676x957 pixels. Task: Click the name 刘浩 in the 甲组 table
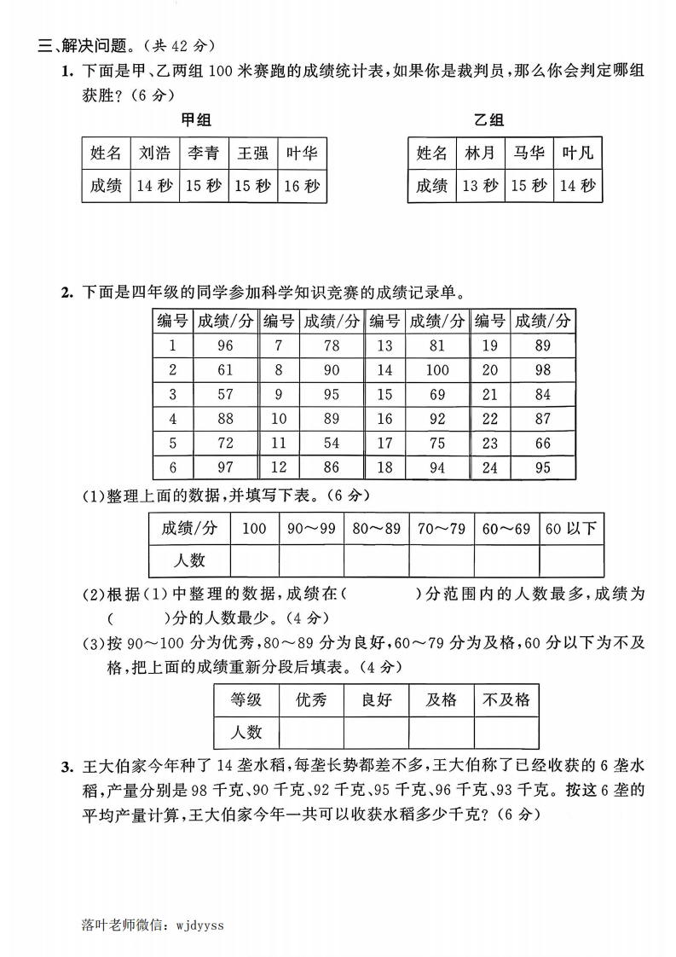click(x=154, y=154)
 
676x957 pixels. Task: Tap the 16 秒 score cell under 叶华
click(x=302, y=185)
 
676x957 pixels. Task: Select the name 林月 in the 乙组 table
click(x=480, y=154)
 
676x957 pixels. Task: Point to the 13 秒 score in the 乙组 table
click(x=480, y=185)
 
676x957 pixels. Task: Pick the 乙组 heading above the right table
click(x=489, y=120)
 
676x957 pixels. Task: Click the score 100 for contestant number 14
click(x=436, y=370)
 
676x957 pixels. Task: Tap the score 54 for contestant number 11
click(x=331, y=444)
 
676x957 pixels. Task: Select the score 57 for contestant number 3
click(x=225, y=395)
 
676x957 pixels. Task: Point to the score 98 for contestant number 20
click(x=542, y=370)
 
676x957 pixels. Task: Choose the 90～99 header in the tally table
click(x=311, y=529)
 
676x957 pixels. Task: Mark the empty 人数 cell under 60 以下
click(x=571, y=560)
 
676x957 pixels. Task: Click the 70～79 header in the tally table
click(x=442, y=529)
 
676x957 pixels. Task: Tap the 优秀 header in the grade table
click(x=311, y=700)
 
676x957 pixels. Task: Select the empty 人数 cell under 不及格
click(x=506, y=732)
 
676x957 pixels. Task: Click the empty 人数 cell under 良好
click(x=376, y=732)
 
